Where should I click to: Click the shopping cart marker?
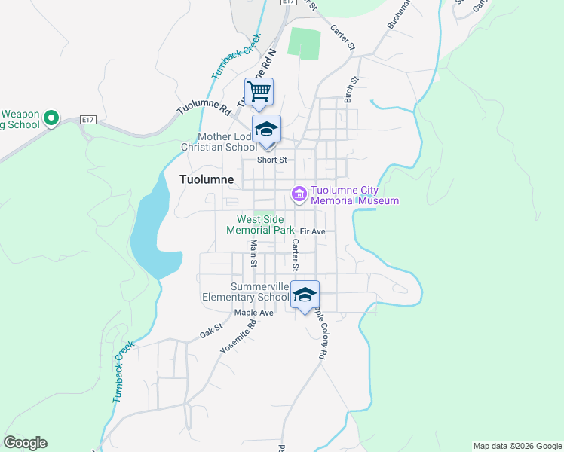(x=259, y=93)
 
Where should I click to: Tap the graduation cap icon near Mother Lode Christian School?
(x=266, y=129)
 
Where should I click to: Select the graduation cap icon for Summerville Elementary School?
(x=305, y=295)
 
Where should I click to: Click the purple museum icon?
(x=299, y=195)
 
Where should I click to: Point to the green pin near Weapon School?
(x=51, y=118)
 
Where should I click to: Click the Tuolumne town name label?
(x=207, y=179)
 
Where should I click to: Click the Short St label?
(x=272, y=160)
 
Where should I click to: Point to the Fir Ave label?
(x=312, y=231)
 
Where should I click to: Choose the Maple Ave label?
(x=253, y=312)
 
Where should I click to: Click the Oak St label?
(x=212, y=330)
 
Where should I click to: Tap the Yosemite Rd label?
(x=238, y=334)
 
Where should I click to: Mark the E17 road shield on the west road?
(x=89, y=119)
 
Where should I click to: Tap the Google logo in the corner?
(x=25, y=443)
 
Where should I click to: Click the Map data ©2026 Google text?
(x=516, y=446)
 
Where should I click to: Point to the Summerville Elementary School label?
(x=246, y=292)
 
